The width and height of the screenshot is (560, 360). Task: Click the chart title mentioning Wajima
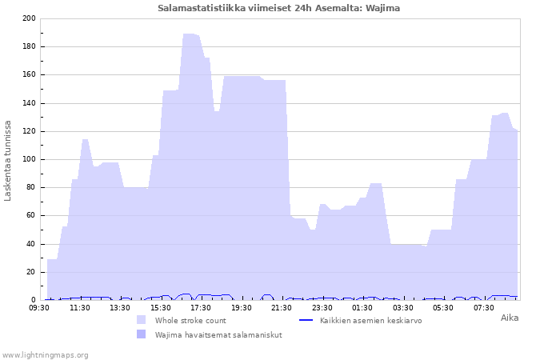tap(278, 8)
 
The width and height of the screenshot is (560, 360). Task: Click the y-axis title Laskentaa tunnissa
tap(7, 161)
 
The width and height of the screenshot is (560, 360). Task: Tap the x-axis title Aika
tap(510, 318)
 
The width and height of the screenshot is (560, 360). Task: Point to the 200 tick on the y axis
tap(30, 18)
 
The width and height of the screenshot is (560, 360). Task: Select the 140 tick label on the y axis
tap(30, 103)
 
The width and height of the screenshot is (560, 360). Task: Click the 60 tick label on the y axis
tap(31, 215)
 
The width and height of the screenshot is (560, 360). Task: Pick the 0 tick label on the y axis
tap(34, 300)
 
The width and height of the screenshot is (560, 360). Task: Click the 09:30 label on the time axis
tap(39, 307)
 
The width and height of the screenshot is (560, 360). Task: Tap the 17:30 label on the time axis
tap(201, 307)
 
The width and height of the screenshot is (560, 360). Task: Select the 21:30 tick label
tap(282, 307)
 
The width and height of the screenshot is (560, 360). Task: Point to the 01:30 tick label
tap(362, 307)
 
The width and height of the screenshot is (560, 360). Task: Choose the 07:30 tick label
tap(483, 307)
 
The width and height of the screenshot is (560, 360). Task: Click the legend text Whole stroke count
tap(190, 320)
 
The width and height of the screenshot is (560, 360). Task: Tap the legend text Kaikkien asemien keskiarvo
tap(370, 320)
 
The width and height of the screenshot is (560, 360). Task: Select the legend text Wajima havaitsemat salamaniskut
tap(218, 334)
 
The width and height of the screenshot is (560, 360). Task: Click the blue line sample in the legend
tap(306, 320)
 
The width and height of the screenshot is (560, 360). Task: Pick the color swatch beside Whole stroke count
tap(141, 320)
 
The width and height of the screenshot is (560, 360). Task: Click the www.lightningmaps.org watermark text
tap(45, 355)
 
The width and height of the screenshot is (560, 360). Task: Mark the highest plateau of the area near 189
tap(190, 34)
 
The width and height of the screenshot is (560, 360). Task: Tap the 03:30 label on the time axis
tap(403, 307)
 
